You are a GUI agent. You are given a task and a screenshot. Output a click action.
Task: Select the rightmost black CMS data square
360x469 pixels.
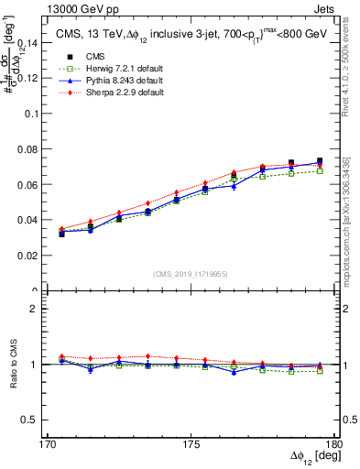320,161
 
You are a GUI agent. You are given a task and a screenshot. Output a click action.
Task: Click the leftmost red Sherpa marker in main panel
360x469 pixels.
62,229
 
